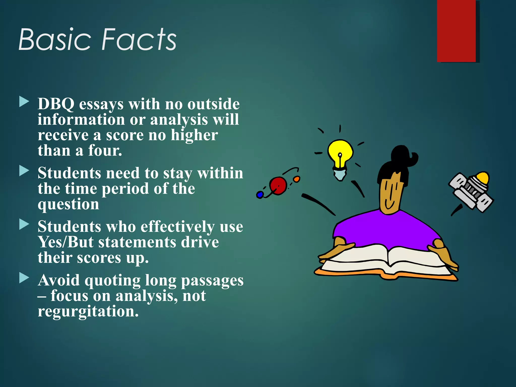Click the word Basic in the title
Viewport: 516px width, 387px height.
(x=54, y=40)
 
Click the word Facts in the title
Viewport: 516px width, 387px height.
(x=139, y=40)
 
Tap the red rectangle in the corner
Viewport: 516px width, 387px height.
(x=456, y=31)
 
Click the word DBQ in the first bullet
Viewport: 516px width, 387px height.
(x=56, y=104)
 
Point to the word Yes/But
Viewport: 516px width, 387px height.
(x=66, y=242)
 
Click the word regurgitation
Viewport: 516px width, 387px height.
(x=88, y=311)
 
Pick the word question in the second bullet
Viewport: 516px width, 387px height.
(x=68, y=204)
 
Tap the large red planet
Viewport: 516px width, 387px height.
(x=278, y=186)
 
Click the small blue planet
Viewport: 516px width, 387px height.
(x=260, y=195)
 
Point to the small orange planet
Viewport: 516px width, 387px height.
(x=297, y=179)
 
